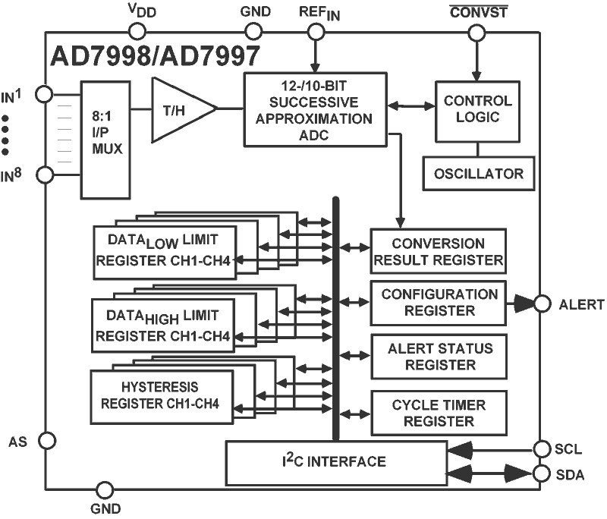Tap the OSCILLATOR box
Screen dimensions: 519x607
tap(478, 174)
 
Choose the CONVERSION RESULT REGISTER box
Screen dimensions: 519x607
tap(438, 252)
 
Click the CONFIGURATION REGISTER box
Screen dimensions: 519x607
tap(438, 302)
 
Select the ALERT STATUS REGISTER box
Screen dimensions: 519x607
tap(438, 356)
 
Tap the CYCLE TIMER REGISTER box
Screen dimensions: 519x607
tap(438, 412)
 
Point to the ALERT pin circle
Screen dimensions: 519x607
tap(541, 304)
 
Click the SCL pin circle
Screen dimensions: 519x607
tap(541, 449)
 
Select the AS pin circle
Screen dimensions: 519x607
tap(46, 440)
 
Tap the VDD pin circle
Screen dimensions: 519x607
tap(137, 31)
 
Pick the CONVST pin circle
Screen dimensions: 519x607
tap(476, 31)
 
